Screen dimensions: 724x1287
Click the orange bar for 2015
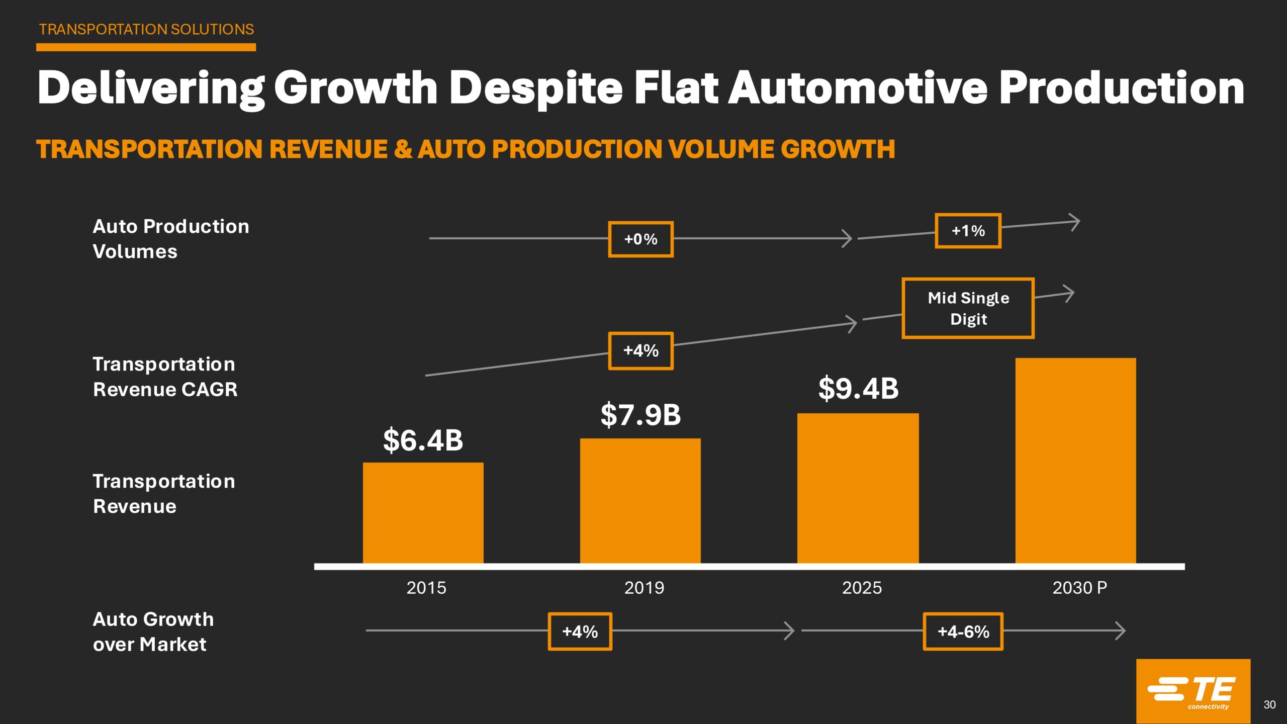(x=423, y=513)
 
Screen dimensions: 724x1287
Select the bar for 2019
(x=640, y=501)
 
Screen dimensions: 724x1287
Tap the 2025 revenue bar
(x=858, y=488)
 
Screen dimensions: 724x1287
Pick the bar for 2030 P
(x=1075, y=461)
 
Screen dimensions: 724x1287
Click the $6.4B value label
(x=423, y=440)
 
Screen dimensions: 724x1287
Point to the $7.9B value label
(x=640, y=415)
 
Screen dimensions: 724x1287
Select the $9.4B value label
(x=858, y=389)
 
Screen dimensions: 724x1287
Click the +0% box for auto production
(x=640, y=239)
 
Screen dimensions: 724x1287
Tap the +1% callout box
(x=968, y=231)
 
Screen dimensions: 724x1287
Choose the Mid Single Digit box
(x=968, y=308)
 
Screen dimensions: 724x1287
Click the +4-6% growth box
(x=963, y=631)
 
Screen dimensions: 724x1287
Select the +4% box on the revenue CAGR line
(x=640, y=351)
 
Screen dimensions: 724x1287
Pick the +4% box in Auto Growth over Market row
(x=580, y=631)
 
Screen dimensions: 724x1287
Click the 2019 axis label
(x=644, y=588)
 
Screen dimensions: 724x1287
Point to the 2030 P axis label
(x=1079, y=588)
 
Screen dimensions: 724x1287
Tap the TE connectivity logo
(x=1192, y=691)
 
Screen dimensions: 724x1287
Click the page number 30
(x=1269, y=705)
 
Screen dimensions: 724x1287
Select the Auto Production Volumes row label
(x=171, y=239)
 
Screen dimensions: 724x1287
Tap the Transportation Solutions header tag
(x=146, y=30)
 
